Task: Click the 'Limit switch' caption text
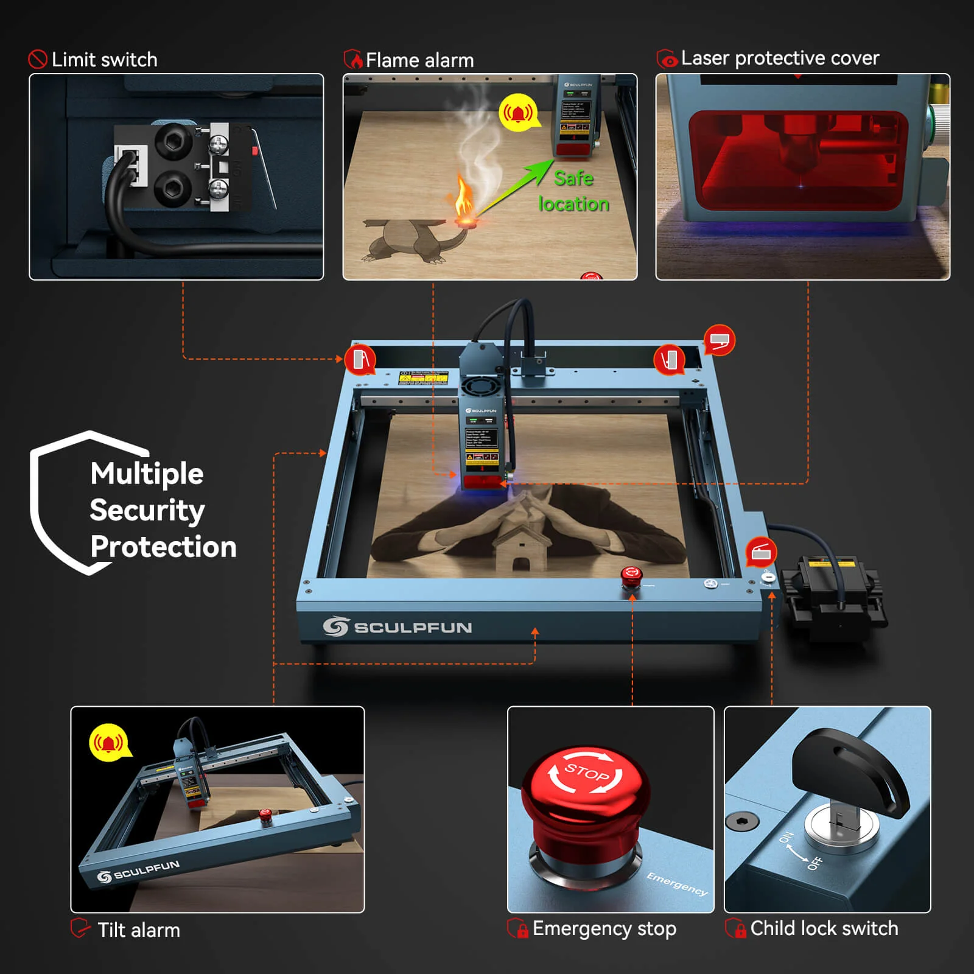coord(104,60)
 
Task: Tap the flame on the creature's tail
coord(465,196)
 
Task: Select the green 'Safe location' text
coord(573,191)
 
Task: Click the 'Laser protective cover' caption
coord(780,58)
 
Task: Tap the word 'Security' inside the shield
coord(147,510)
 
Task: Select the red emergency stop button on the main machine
coord(631,575)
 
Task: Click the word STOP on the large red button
coord(586,773)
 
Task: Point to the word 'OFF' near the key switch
coord(816,863)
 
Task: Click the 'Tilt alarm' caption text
coord(139,930)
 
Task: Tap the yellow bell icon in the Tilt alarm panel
coord(109,743)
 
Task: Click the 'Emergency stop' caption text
coord(604,929)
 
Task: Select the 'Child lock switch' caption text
coord(824,928)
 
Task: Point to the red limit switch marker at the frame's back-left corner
coord(360,360)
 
